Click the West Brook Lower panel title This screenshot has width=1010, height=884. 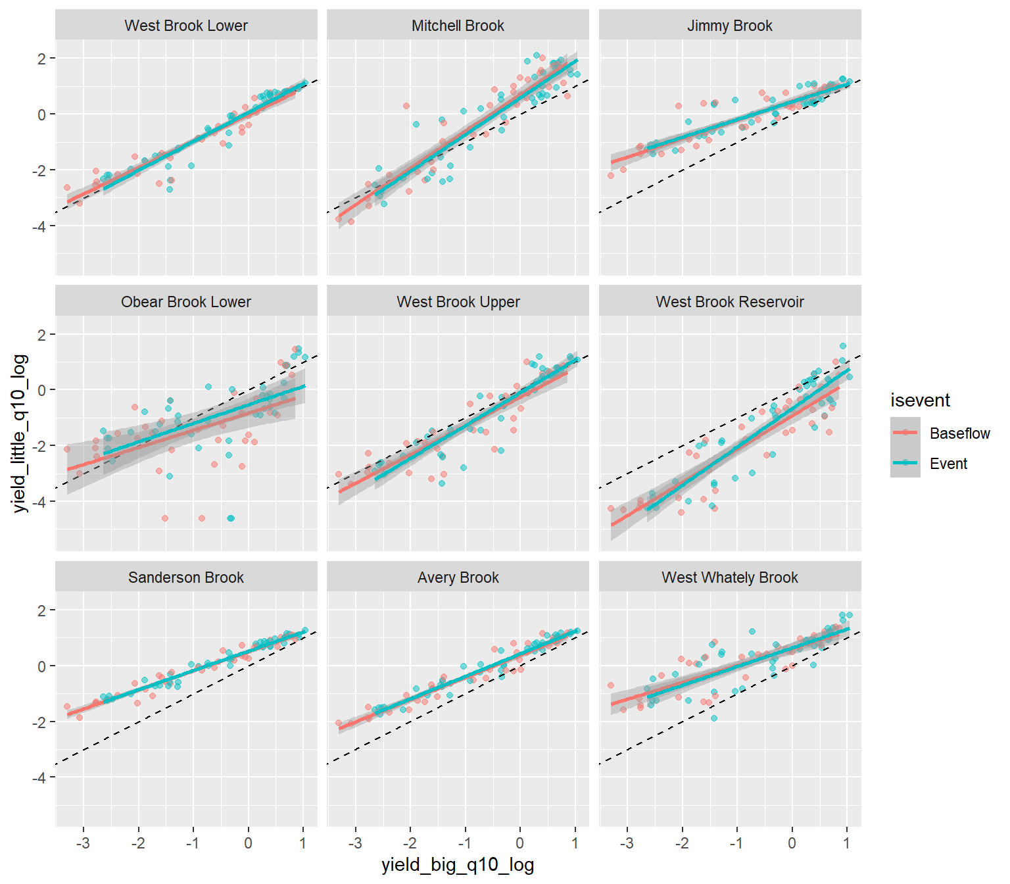(x=186, y=26)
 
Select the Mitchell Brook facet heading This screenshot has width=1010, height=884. (x=458, y=26)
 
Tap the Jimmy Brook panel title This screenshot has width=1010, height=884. (x=730, y=26)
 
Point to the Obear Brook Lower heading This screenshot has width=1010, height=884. (x=186, y=302)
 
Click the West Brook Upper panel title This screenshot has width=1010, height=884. (x=458, y=302)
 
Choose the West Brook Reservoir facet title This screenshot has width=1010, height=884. (x=730, y=302)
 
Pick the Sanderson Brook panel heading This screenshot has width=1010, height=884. (x=186, y=577)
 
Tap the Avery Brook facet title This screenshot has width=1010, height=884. (x=458, y=577)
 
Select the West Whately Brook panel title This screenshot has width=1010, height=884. (x=730, y=577)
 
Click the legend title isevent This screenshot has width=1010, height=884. (x=920, y=400)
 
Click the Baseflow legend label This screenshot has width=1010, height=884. (x=959, y=433)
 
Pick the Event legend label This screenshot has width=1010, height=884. (x=948, y=464)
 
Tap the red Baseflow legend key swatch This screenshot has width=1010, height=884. (x=905, y=432)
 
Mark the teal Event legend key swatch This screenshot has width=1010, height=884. (x=905, y=462)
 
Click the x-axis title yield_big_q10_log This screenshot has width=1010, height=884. (x=458, y=865)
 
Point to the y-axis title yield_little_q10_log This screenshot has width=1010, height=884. (x=20, y=433)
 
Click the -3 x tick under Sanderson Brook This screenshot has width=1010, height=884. (x=83, y=843)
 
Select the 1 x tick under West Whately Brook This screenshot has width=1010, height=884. (x=847, y=843)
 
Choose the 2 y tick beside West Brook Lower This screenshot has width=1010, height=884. (x=42, y=59)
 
